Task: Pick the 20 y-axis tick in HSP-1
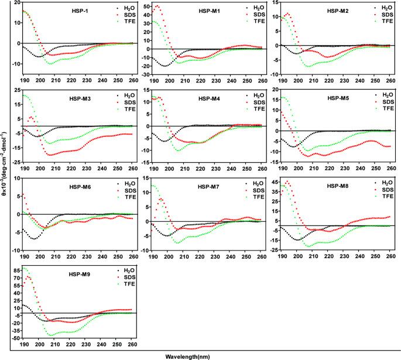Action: (16, 4)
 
